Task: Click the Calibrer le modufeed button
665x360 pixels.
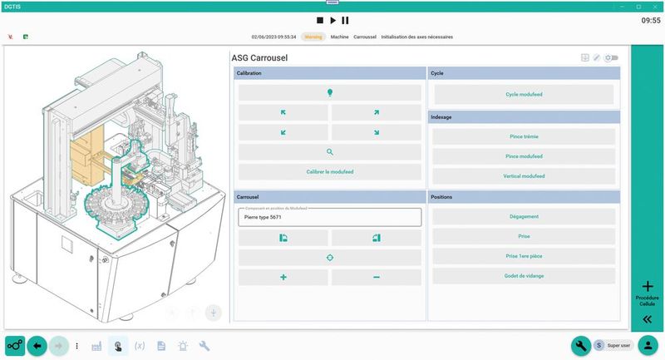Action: pyautogui.click(x=329, y=172)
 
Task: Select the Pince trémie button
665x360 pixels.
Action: pyautogui.click(x=524, y=136)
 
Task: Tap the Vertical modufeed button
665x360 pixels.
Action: pyautogui.click(x=524, y=175)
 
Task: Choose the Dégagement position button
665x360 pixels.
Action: pyautogui.click(x=524, y=216)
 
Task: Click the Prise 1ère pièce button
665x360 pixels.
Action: pyautogui.click(x=524, y=256)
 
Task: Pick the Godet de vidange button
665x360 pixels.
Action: pyautogui.click(x=524, y=276)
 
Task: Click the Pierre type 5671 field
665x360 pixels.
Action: pyautogui.click(x=329, y=217)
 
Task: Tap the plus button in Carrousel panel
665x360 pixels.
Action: pyautogui.click(x=283, y=277)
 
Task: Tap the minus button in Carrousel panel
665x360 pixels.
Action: pyautogui.click(x=376, y=277)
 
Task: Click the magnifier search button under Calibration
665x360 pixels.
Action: pyautogui.click(x=329, y=152)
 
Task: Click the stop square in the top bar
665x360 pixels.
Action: pyautogui.click(x=319, y=20)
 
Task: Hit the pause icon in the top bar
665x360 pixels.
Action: pyautogui.click(x=345, y=20)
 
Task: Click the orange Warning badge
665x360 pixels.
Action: pyautogui.click(x=313, y=37)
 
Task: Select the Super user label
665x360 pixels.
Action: pyautogui.click(x=618, y=345)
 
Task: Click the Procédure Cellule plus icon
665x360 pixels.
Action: pyautogui.click(x=647, y=286)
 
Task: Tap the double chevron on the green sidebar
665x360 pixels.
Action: pyautogui.click(x=647, y=319)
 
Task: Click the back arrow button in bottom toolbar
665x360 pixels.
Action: pyautogui.click(x=37, y=345)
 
